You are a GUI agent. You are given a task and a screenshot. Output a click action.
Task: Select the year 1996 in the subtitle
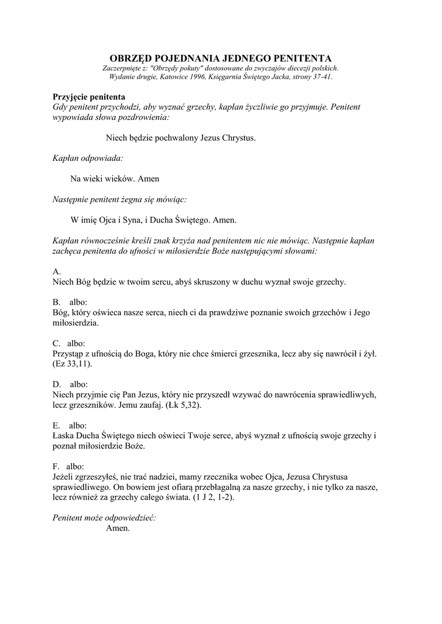coord(198,77)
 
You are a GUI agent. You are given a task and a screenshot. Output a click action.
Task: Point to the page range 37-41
coord(321,77)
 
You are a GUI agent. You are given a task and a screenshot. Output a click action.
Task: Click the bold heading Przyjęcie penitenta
coord(89,97)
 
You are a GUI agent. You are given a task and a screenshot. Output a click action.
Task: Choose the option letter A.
coord(57,271)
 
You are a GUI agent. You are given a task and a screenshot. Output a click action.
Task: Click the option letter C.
coord(57,343)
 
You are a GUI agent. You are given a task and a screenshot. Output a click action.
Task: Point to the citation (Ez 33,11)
coord(74,364)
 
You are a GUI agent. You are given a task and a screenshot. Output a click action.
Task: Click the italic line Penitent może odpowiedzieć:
coord(104,518)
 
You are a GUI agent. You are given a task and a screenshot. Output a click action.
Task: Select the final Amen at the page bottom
coord(118,528)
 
